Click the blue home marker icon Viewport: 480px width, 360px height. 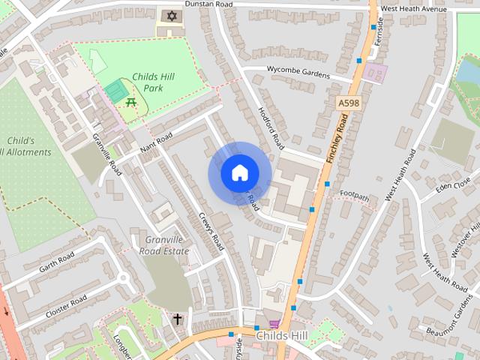[239, 173]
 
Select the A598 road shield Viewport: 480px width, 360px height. [348, 102]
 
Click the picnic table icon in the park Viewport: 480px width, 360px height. [132, 103]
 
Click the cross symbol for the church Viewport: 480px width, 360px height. [177, 319]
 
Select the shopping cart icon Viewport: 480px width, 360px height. [274, 324]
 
